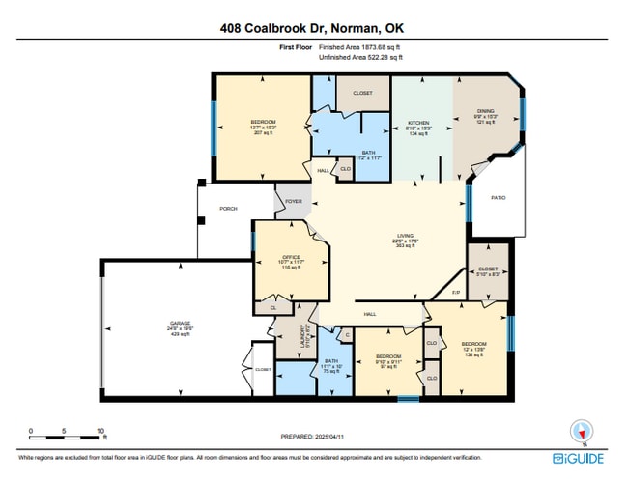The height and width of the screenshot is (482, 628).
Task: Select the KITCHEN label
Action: (416, 123)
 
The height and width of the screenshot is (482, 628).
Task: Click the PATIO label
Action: (499, 197)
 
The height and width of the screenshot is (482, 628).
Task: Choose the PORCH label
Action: (228, 208)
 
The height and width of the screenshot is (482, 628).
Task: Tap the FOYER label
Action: (293, 202)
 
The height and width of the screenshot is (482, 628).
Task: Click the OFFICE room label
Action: (277, 256)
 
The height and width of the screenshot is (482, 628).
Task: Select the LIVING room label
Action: (405, 236)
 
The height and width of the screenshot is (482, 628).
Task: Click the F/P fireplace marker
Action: (456, 293)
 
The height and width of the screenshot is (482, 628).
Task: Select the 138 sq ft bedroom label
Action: (473, 345)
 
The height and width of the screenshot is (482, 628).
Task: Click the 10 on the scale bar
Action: (100, 431)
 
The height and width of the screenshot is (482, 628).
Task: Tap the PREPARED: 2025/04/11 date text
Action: (313, 437)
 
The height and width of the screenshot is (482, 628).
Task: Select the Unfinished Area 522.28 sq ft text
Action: (361, 58)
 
